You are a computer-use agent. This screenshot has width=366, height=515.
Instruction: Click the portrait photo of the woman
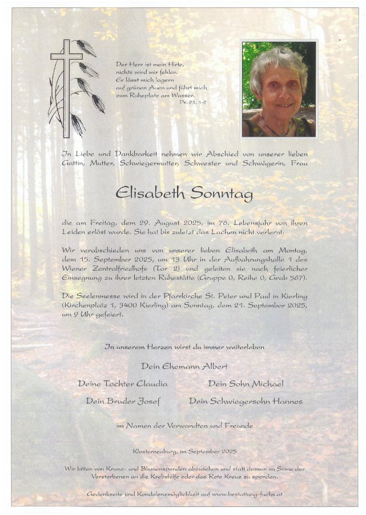tap(279, 89)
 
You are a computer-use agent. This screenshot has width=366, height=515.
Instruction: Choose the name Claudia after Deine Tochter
tap(152, 383)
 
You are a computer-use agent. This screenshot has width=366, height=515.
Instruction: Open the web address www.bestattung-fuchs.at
tap(247, 493)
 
